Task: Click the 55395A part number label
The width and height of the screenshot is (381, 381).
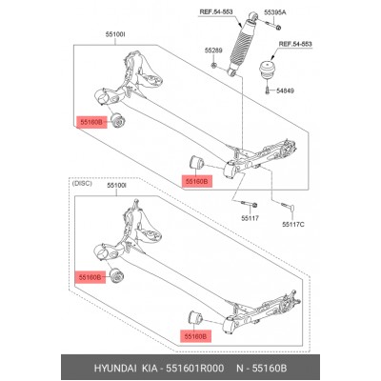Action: (275, 12)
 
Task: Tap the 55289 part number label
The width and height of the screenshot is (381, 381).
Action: (213, 50)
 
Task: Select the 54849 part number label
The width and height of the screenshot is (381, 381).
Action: (285, 90)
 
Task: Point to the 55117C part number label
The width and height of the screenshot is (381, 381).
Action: (293, 225)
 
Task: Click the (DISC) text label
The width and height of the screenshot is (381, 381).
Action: (82, 184)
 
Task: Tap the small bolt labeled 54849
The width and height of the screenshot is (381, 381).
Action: (267, 90)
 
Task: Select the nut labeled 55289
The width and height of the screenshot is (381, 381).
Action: (213, 66)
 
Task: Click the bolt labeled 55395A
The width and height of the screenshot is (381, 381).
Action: (271, 24)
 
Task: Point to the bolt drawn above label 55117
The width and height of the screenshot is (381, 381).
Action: (251, 205)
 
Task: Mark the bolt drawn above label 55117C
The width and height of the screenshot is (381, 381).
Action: (289, 207)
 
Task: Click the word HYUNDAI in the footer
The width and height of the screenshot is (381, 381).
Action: (115, 369)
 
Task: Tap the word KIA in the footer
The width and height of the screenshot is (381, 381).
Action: (150, 369)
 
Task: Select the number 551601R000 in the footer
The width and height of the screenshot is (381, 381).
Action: (195, 369)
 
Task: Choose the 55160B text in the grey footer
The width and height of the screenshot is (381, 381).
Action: (270, 369)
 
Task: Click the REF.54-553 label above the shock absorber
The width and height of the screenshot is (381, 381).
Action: (216, 12)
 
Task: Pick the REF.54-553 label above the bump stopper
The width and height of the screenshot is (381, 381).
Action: (295, 44)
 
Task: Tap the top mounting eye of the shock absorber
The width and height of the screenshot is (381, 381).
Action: (253, 16)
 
